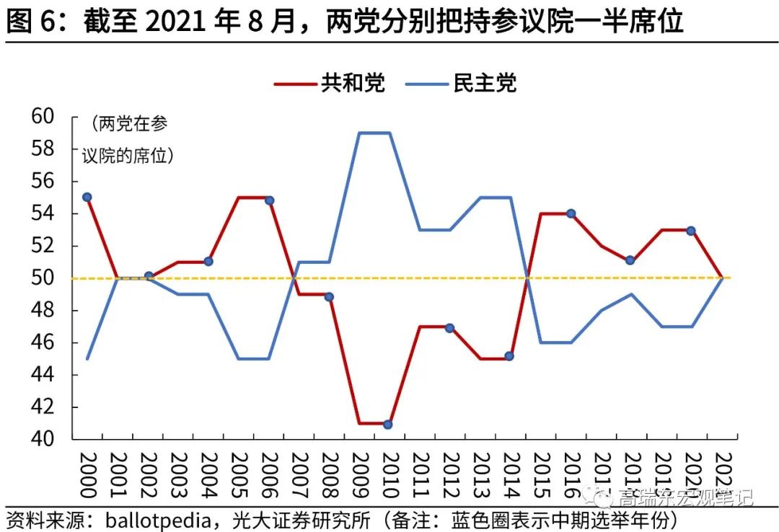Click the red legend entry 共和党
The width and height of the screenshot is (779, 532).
pyautogui.click(x=353, y=83)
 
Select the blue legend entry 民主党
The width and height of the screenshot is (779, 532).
pyautogui.click(x=485, y=83)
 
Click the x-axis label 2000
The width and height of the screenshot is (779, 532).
pyautogui.click(x=87, y=475)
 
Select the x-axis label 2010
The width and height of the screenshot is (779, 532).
pyautogui.click(x=389, y=475)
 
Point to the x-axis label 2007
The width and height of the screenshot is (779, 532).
pyautogui.click(x=299, y=475)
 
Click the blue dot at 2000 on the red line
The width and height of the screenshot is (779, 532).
pyautogui.click(x=87, y=197)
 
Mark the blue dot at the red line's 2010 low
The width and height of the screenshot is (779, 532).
pyautogui.click(x=388, y=424)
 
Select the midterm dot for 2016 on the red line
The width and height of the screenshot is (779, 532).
pyautogui.click(x=570, y=213)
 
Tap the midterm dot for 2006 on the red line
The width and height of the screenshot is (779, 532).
pyautogui.click(x=269, y=200)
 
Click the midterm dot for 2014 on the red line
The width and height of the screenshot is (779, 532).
pyautogui.click(x=509, y=355)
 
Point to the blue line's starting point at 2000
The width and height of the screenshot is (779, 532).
pyautogui.click(x=87, y=358)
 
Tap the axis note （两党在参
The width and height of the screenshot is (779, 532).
pyautogui.click(x=129, y=124)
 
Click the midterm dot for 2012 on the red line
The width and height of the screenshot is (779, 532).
pyautogui.click(x=449, y=327)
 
